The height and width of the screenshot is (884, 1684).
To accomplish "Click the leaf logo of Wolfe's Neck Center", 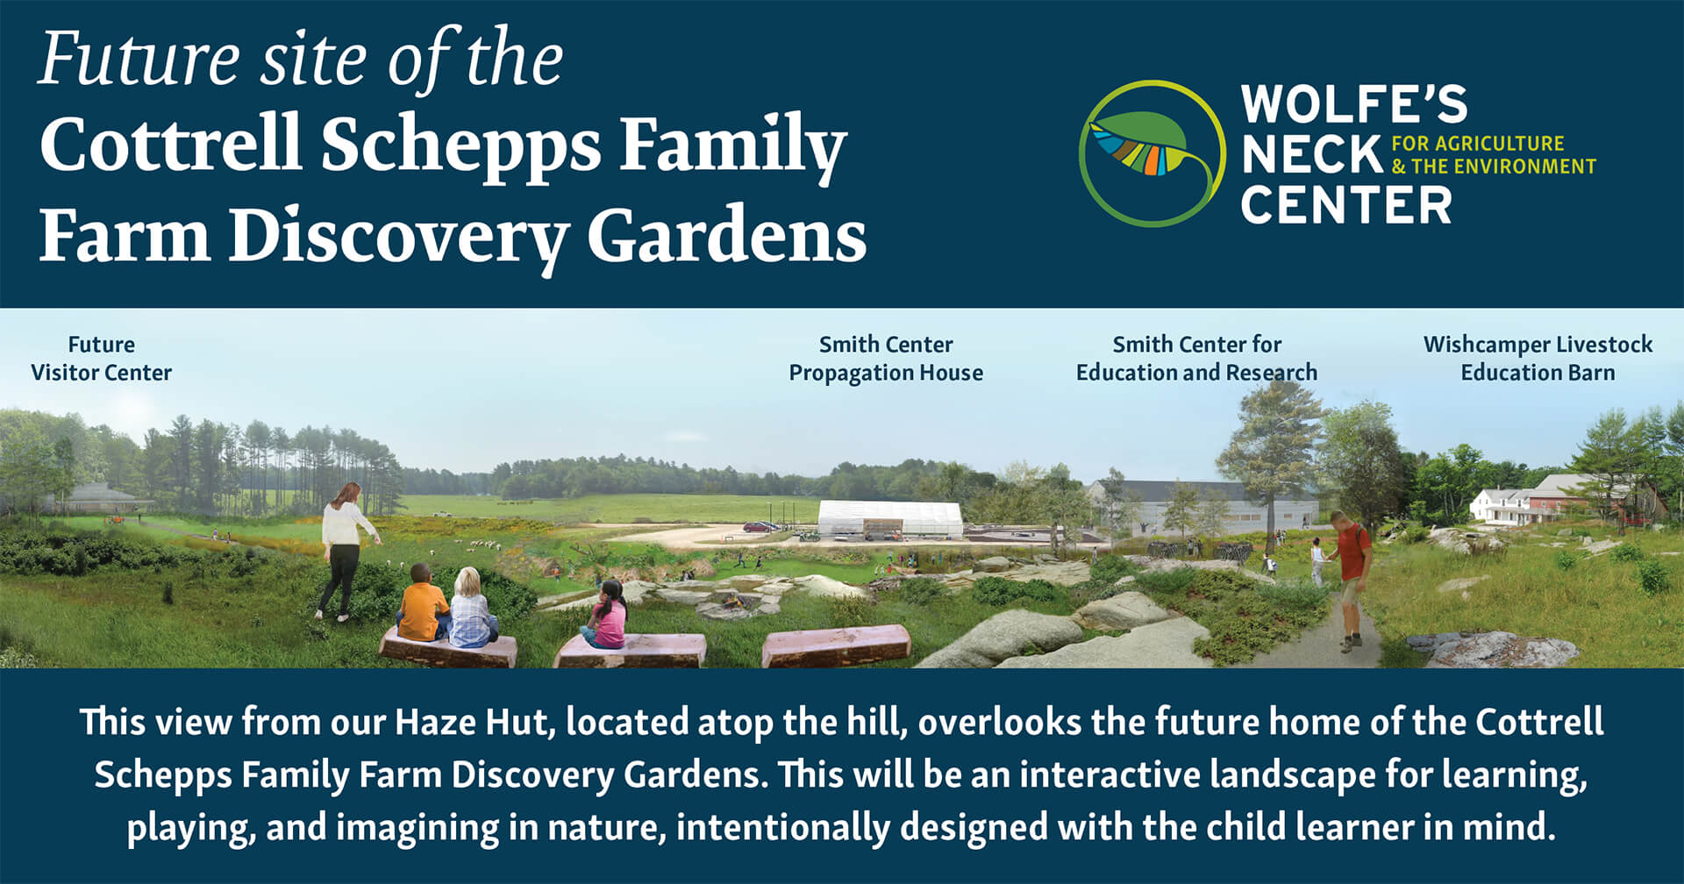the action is pyautogui.click(x=1152, y=153).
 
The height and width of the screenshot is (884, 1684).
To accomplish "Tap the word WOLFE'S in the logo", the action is pyautogui.click(x=1353, y=104).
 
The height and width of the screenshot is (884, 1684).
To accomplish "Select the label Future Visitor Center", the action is pyautogui.click(x=102, y=359).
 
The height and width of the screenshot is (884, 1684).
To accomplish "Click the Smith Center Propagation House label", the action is pyautogui.click(x=886, y=359).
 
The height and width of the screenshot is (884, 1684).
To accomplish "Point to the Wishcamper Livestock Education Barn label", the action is pyautogui.click(x=1538, y=359).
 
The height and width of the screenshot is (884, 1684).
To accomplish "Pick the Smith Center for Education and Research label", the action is pyautogui.click(x=1196, y=359).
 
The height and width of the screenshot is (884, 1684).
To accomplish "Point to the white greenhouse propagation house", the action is pyautogui.click(x=889, y=518).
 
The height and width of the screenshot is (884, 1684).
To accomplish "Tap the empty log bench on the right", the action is pyautogui.click(x=836, y=646).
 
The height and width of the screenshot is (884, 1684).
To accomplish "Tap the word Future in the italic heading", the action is pyautogui.click(x=139, y=60).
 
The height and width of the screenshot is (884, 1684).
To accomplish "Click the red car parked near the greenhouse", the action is pyautogui.click(x=760, y=526).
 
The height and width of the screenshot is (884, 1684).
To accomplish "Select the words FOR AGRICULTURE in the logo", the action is pyautogui.click(x=1478, y=143).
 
